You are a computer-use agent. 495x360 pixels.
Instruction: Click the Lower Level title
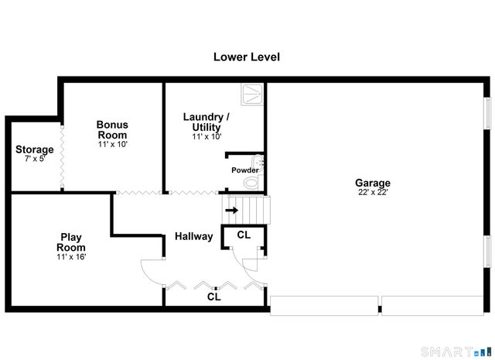[247, 57]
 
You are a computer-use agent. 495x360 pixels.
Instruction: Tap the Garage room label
[372, 183]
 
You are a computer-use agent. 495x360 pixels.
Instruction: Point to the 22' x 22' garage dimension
[372, 193]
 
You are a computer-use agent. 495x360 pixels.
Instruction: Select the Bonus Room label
[112, 129]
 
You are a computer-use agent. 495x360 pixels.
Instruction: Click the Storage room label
[35, 149]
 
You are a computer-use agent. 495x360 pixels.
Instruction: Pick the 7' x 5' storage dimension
[35, 159]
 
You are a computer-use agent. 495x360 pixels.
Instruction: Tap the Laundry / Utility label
[207, 122]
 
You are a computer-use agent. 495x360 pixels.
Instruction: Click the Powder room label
[244, 170]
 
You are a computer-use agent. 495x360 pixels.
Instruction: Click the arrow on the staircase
[231, 209]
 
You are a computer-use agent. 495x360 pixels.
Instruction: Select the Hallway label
[193, 236]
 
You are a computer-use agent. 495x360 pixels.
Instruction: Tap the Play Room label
[71, 242]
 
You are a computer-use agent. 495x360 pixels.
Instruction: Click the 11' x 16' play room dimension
[71, 257]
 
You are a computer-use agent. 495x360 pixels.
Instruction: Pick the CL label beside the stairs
[244, 235]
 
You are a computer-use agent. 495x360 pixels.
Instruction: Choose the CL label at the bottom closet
[214, 297]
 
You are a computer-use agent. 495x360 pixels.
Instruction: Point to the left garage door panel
[324, 306]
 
